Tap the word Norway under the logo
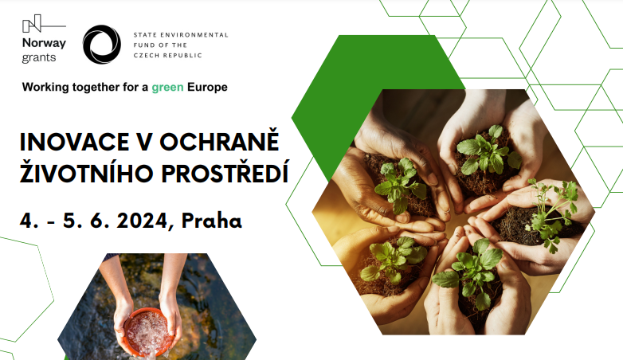click(44, 43)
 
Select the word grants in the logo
click(39, 57)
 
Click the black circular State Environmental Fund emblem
click(102, 45)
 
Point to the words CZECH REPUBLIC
click(167, 55)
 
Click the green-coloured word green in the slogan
click(167, 88)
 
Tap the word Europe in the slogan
click(207, 87)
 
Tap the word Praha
click(211, 221)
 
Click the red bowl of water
click(149, 332)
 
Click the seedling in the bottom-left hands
click(394, 258)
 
